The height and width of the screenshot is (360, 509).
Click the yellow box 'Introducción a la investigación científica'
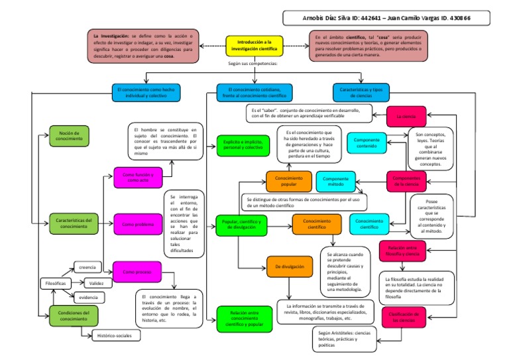coord(254,46)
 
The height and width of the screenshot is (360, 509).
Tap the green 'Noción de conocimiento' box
coord(68,136)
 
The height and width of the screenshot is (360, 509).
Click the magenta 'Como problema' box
coord(137,224)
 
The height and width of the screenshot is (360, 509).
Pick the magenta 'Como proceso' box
coord(137,271)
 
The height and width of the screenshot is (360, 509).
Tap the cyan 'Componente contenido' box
coord(367,143)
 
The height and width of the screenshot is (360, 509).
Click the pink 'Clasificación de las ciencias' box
coord(406,316)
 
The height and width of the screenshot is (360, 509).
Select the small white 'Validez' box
coord(97,283)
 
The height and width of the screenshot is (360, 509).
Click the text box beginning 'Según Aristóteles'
coord(344,339)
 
